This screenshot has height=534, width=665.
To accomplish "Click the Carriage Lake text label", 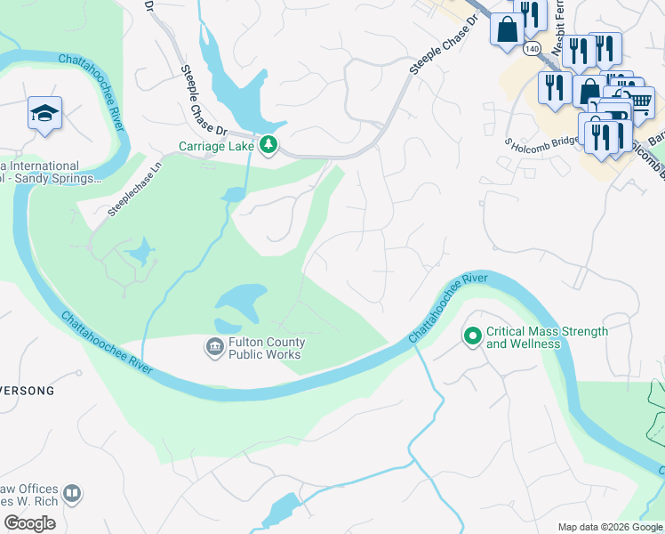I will tap(216, 146).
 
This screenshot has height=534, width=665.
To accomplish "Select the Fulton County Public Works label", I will tap(267, 348).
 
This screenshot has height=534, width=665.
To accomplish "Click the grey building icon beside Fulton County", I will tap(214, 347).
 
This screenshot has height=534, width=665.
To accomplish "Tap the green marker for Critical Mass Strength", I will tap(472, 336).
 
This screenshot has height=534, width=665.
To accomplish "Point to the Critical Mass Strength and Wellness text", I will tap(547, 337).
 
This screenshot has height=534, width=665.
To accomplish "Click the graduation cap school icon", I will tap(44, 113).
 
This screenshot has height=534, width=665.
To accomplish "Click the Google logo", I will tap(29, 522).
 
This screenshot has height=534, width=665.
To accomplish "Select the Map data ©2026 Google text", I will tap(609, 527).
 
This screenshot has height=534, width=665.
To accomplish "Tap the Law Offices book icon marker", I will tap(72, 493).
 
